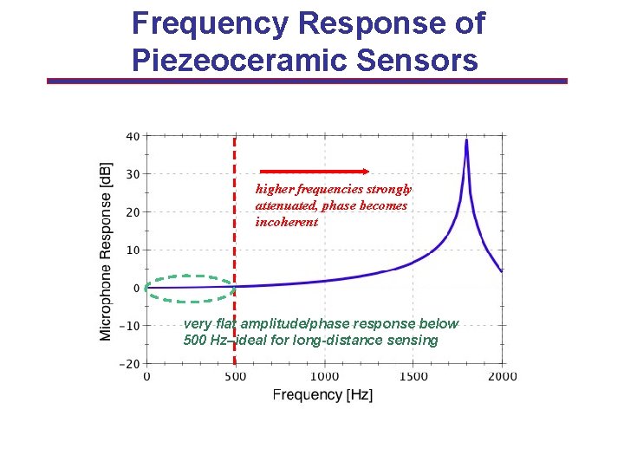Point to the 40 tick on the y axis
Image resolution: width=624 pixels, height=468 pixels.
click(133, 136)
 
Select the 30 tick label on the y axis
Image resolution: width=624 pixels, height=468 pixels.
click(133, 174)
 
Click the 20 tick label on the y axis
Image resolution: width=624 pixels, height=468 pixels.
click(133, 212)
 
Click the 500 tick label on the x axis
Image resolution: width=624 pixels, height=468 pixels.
click(235, 376)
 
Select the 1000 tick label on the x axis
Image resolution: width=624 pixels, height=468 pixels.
click(324, 376)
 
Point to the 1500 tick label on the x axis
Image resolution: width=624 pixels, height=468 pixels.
click(413, 376)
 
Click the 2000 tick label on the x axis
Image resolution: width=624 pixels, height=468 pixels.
click(503, 376)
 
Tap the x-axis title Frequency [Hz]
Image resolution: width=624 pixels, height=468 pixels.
click(322, 395)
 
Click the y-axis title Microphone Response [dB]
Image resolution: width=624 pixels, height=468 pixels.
click(106, 250)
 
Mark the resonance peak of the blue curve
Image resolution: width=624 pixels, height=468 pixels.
click(466, 141)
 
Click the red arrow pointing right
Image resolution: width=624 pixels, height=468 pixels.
click(315, 171)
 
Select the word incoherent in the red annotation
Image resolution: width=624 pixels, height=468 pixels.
click(286, 222)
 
